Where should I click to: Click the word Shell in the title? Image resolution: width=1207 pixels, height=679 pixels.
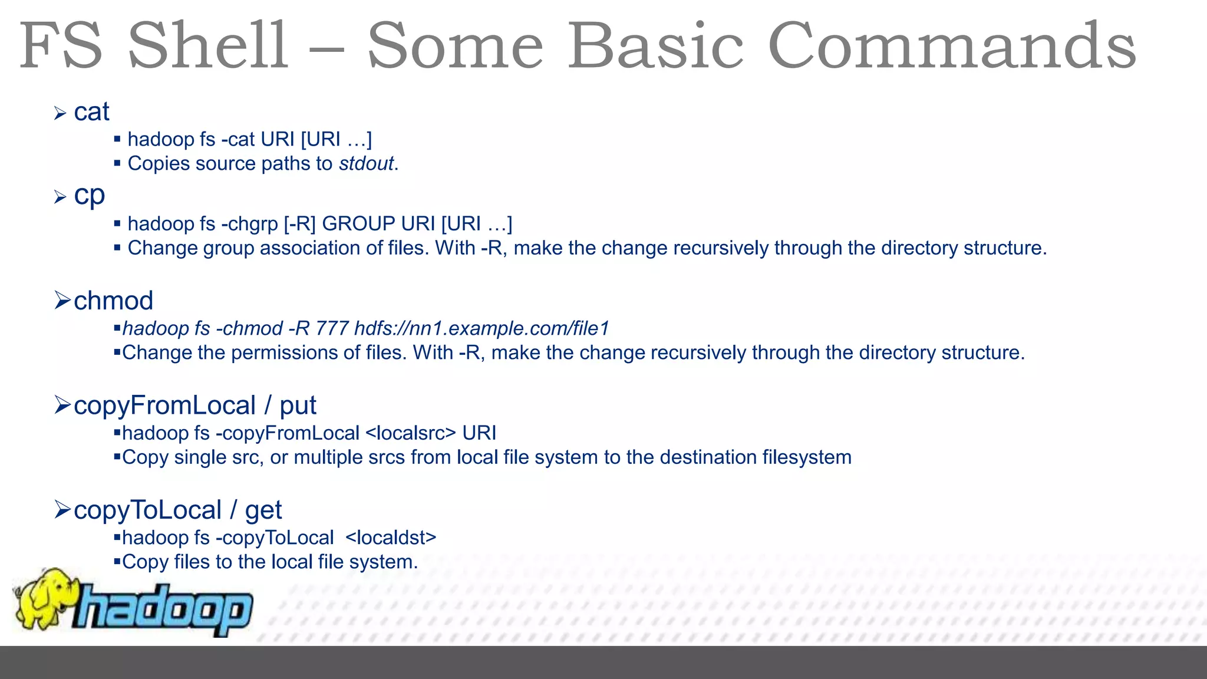208,46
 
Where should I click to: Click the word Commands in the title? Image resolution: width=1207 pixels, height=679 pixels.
952,46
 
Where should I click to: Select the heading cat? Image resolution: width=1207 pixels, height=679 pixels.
91,112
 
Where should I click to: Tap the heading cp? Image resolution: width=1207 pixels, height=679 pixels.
89,196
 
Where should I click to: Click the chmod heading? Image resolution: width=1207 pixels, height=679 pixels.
113,301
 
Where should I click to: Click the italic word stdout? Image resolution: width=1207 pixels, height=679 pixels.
366,163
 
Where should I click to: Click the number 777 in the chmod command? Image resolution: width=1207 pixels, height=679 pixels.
332,328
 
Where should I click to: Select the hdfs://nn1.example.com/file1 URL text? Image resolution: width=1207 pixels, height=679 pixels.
481,328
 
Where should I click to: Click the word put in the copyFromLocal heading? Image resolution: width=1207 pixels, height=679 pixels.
298,406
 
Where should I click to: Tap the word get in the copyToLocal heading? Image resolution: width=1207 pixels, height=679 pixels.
263,510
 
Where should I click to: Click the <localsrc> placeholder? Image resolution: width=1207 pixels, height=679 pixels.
410,433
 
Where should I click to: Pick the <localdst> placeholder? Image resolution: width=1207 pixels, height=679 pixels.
391,538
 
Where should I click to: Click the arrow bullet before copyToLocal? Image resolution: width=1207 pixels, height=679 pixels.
62,509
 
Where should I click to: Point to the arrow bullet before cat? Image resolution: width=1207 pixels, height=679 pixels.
60,113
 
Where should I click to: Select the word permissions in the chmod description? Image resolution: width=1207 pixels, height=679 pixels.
285,352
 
